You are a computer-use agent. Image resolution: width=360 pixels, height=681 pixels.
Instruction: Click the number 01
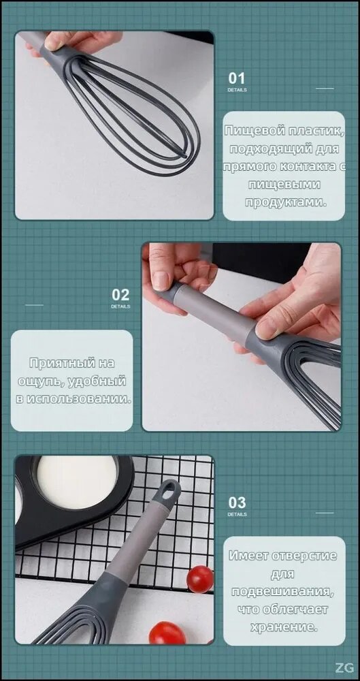click(x=237, y=78)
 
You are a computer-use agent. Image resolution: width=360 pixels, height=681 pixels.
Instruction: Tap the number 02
click(x=120, y=295)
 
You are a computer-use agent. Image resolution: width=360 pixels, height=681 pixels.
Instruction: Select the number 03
click(x=237, y=503)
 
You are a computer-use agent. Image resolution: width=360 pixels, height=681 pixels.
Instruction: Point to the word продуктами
click(x=285, y=202)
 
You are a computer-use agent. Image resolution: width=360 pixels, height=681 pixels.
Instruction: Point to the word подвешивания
click(x=282, y=592)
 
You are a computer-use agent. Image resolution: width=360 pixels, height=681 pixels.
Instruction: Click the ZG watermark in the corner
click(x=344, y=668)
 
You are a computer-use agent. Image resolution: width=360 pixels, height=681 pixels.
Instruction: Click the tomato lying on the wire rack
click(x=200, y=579)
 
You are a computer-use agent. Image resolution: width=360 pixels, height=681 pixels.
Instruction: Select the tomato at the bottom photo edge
click(x=167, y=633)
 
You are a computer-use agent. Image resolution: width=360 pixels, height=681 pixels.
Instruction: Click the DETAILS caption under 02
click(x=120, y=306)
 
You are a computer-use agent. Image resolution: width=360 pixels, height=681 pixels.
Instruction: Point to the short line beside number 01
click(x=325, y=89)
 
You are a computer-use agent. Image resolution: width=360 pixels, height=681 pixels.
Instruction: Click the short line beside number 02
click(x=34, y=305)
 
